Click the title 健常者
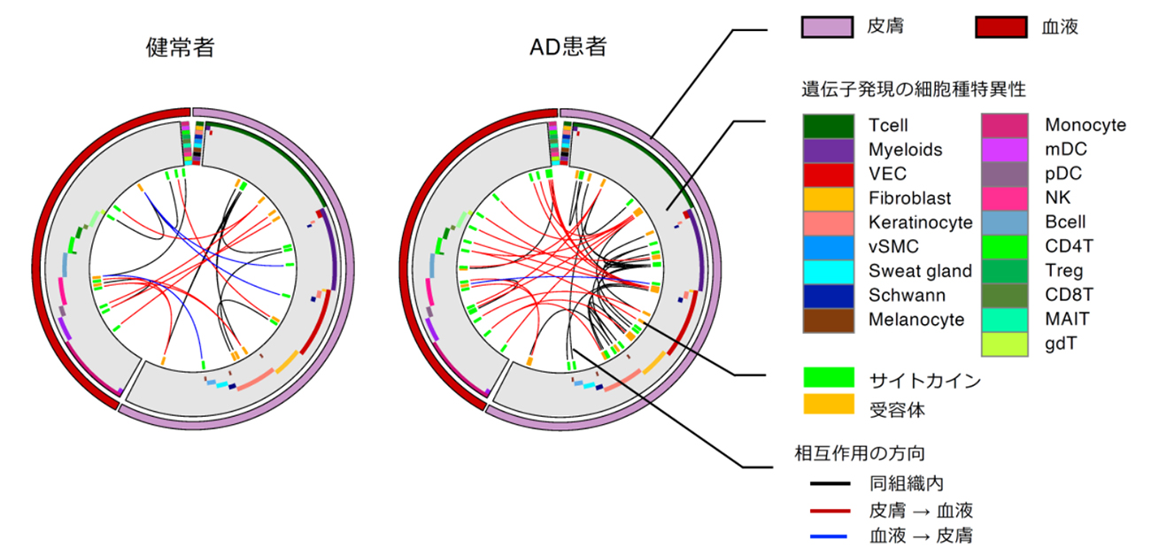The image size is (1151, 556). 181,48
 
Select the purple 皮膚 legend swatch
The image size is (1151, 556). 827,27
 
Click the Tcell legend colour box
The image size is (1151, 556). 828,126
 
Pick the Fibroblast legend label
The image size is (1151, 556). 911,198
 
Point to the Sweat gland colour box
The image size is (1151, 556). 828,271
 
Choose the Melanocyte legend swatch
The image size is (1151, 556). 828,319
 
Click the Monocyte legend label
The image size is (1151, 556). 1085,126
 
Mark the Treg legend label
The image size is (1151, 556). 1063,271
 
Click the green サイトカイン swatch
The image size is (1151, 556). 828,380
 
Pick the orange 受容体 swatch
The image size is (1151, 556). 828,406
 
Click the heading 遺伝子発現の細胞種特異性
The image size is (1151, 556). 913,89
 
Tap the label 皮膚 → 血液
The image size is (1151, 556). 922,510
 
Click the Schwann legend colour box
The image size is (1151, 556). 828,295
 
